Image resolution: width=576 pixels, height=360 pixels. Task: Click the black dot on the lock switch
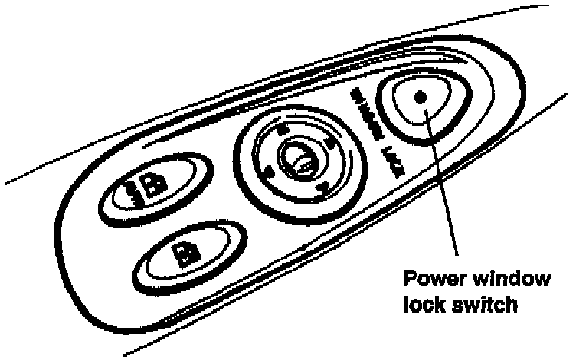click(418, 97)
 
